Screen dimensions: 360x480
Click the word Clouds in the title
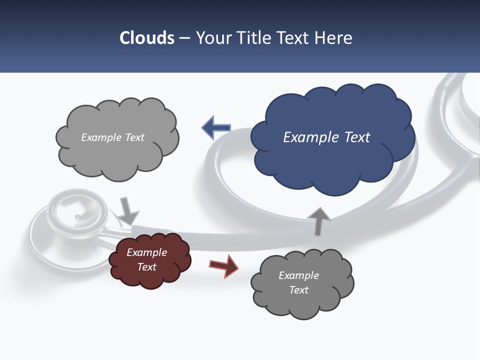tap(147, 38)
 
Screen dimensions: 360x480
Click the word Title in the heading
tap(252, 38)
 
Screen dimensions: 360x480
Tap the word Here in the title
tap(334, 38)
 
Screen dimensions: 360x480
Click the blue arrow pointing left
tap(216, 128)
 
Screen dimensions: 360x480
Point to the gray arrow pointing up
tap(319, 220)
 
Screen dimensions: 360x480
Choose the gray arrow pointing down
tap(128, 210)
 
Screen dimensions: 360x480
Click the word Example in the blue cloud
tap(306, 137)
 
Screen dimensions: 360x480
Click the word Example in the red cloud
tap(146, 252)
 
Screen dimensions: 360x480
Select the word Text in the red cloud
tap(146, 267)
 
